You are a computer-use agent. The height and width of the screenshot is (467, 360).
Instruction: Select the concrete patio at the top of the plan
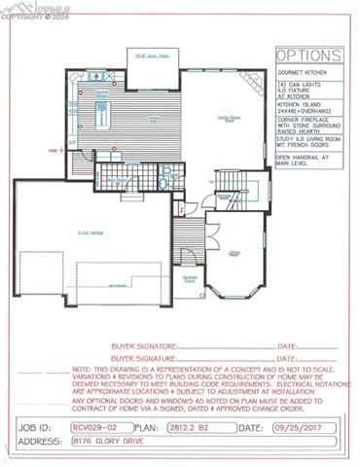click(146, 57)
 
